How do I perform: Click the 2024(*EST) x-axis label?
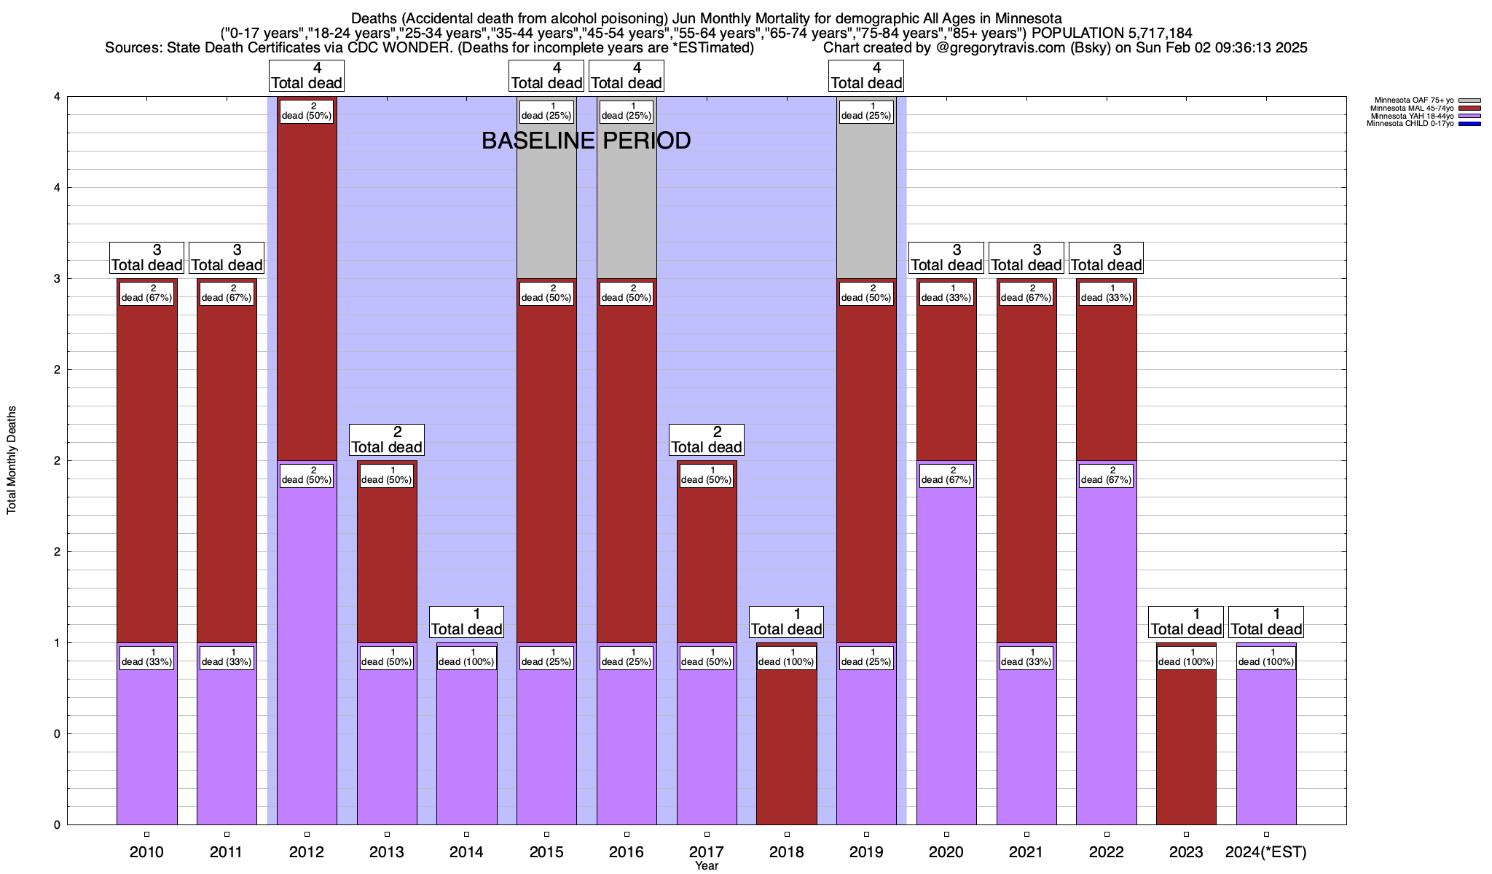click(x=1266, y=852)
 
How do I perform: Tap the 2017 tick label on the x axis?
click(x=707, y=852)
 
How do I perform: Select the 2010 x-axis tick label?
click(x=146, y=852)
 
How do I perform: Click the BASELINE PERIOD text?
click(x=586, y=141)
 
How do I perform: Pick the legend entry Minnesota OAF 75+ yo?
click(x=1413, y=101)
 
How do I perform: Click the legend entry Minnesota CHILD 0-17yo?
click(x=1410, y=124)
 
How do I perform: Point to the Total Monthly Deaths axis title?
click(x=12, y=460)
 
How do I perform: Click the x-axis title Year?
click(x=707, y=866)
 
